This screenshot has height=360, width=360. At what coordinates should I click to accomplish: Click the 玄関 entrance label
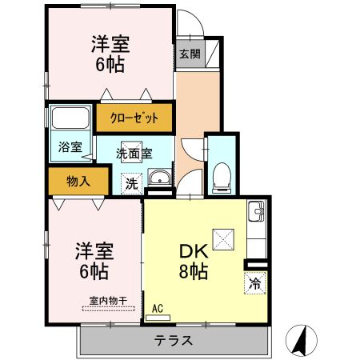[190, 54]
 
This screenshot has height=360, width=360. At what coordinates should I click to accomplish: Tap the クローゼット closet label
[134, 118]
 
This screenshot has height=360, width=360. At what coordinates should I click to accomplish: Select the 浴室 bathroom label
[70, 146]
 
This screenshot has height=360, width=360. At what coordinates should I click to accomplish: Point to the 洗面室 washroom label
[134, 153]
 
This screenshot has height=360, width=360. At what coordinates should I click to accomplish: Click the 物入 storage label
[78, 181]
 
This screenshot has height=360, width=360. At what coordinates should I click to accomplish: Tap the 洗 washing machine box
[130, 183]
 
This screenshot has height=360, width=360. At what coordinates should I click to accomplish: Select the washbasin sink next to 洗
[160, 178]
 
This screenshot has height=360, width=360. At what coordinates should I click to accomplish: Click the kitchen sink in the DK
[258, 214]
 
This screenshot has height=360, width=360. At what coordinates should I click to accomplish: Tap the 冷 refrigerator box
[254, 282]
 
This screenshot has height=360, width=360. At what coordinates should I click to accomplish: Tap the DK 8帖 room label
[193, 261]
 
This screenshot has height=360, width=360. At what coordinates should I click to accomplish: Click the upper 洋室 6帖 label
[110, 54]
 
